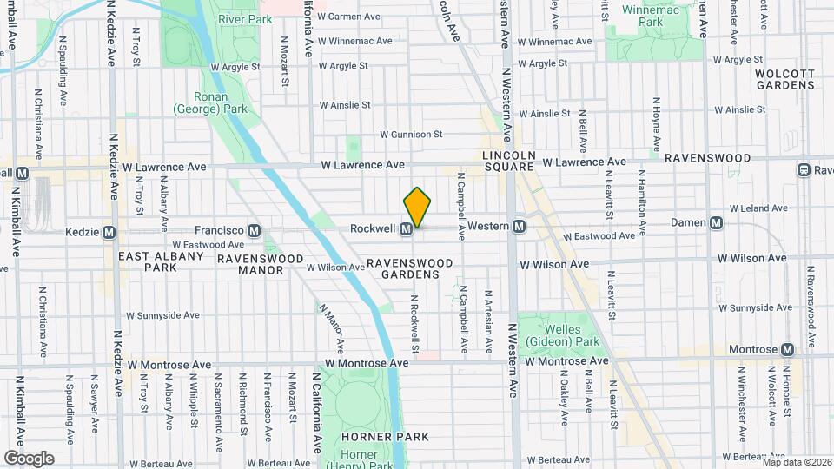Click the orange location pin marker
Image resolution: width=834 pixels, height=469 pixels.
point(417,208)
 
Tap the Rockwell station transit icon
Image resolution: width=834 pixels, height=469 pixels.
point(406,229)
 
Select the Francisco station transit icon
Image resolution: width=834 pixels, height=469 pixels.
point(254,231)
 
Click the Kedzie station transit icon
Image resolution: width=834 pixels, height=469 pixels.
point(109,233)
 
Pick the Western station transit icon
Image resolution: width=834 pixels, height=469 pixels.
point(519,227)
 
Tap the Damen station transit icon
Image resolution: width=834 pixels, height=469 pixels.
point(717,223)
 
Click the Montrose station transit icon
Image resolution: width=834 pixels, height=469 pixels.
point(787,349)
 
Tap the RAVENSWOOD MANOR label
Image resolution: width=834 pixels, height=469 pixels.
point(261,265)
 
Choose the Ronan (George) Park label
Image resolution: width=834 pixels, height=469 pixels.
point(210,102)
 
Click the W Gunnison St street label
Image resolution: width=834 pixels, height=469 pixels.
point(411,135)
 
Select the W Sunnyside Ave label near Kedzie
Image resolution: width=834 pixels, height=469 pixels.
point(163,316)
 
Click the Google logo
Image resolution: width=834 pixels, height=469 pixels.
point(29,459)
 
